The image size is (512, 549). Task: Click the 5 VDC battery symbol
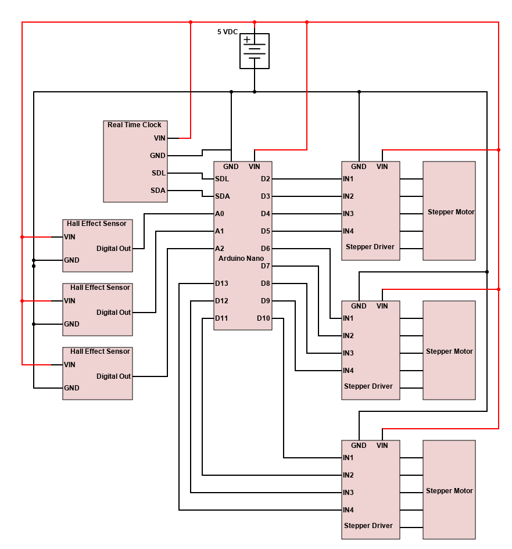tap(255, 51)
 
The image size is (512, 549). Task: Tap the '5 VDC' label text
tap(227, 32)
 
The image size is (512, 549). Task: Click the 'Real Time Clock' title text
tap(134, 125)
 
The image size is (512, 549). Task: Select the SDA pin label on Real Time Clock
tap(158, 191)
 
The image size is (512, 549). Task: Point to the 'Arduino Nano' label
tap(241, 258)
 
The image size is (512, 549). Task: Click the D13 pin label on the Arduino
tap(221, 284)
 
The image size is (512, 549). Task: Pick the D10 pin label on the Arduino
tap(263, 318)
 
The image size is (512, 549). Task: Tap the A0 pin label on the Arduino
tap(220, 214)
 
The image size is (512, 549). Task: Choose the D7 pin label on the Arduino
tap(265, 266)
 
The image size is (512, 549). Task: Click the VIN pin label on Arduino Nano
tap(255, 167)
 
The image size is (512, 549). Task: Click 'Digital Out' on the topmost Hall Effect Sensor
tap(113, 249)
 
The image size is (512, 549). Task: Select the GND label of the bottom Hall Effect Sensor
tap(71, 388)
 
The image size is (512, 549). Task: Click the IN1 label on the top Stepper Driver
tap(348, 179)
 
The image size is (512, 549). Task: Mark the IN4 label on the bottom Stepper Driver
tap(348, 510)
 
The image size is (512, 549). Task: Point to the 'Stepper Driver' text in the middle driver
tap(368, 386)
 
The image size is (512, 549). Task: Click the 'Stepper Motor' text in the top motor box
tap(451, 212)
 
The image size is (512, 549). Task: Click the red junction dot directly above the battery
tap(255, 22)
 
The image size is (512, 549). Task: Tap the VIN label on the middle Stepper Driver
tap(382, 306)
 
